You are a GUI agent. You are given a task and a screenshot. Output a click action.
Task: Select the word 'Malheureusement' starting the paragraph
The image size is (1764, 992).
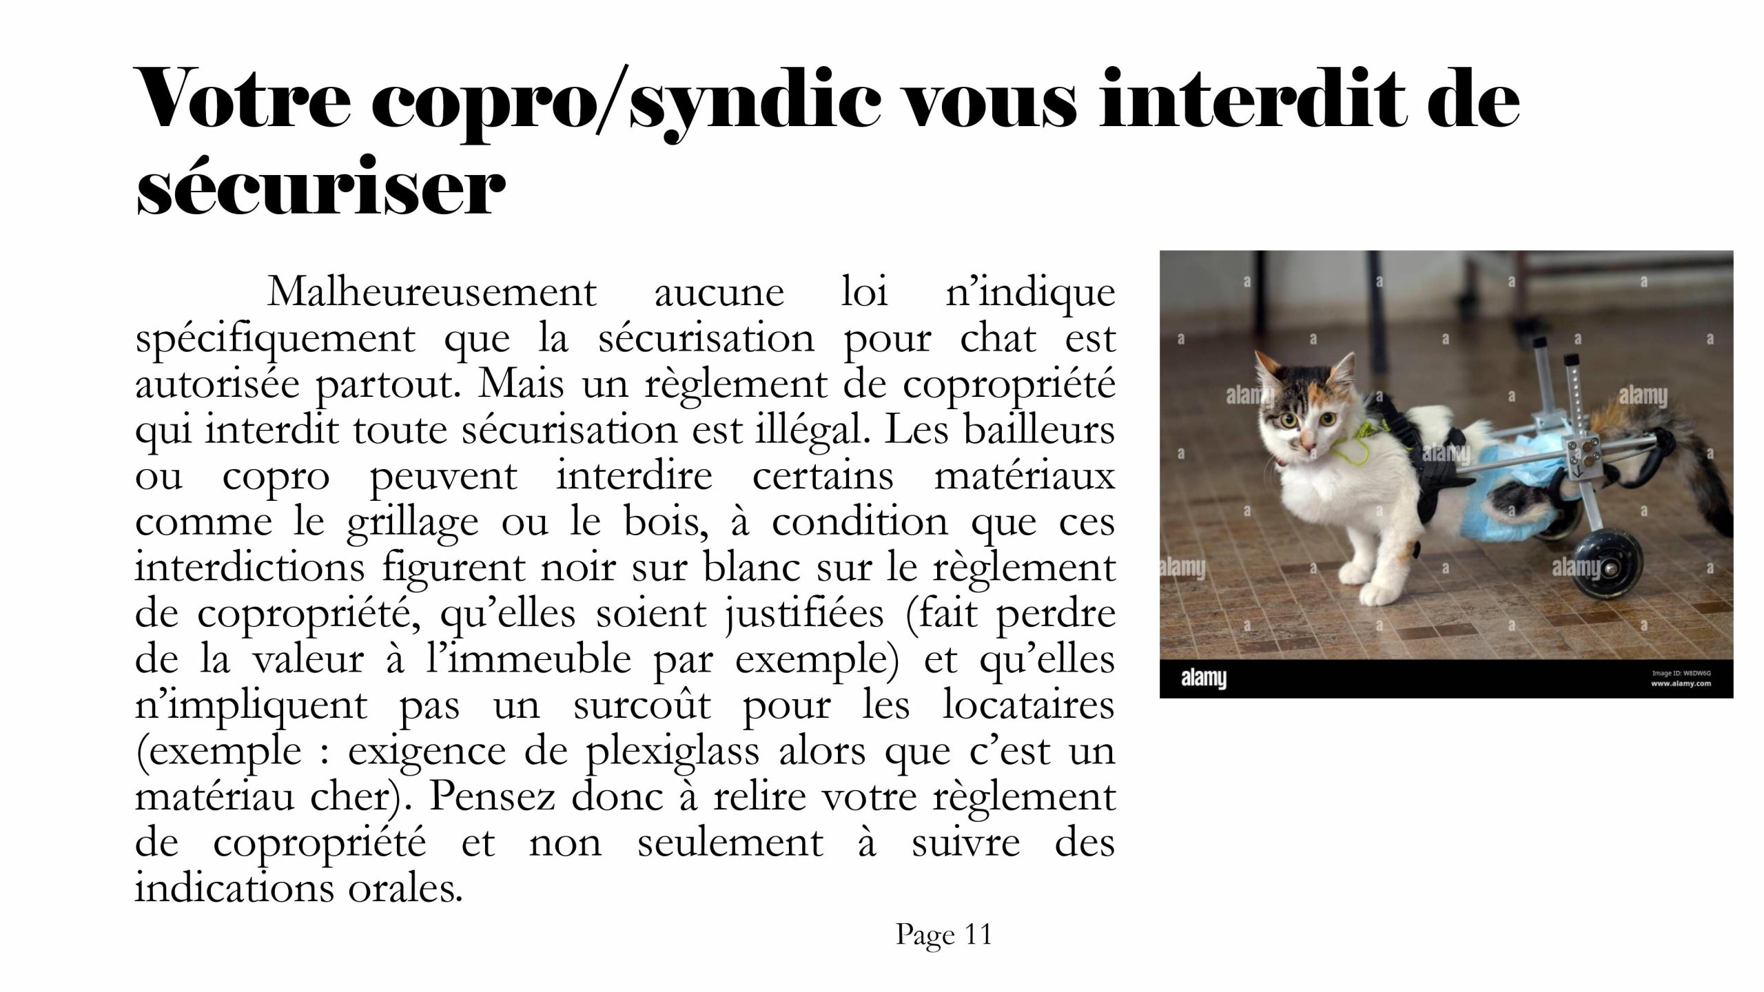tap(431, 293)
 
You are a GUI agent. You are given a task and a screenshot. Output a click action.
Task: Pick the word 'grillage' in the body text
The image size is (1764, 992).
tap(412, 522)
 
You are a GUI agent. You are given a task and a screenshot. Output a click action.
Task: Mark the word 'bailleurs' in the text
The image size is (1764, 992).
tap(1039, 430)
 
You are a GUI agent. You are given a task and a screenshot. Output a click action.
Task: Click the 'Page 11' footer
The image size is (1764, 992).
tap(943, 936)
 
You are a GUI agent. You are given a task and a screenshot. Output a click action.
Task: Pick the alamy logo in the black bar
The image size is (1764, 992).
tap(1204, 679)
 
